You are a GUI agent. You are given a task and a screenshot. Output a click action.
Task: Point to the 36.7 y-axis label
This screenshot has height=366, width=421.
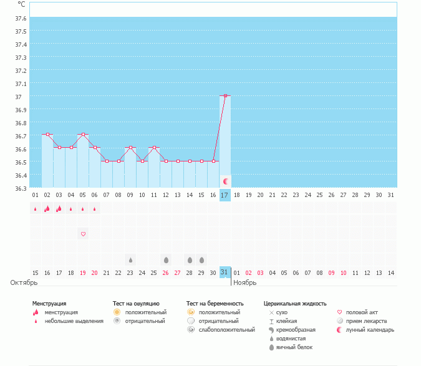(x=20, y=136)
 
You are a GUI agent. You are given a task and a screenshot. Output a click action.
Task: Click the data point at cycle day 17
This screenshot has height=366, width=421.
(x=225, y=96)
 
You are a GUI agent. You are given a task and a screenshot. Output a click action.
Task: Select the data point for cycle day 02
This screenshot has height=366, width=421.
(x=47, y=134)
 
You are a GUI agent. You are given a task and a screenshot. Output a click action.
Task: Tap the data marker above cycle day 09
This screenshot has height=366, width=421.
(x=130, y=148)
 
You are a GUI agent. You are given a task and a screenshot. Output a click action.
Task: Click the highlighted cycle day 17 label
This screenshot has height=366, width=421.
(x=225, y=195)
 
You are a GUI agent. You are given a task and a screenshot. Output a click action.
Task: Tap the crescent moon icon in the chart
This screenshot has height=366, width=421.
(x=226, y=181)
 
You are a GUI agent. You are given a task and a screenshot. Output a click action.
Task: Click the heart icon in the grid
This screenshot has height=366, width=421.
(x=83, y=234)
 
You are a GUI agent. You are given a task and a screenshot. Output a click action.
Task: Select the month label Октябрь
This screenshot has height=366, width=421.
(x=20, y=282)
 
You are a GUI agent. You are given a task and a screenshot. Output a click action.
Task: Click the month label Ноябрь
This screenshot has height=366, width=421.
(x=244, y=282)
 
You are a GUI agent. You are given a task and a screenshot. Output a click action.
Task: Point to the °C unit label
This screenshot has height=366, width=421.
(x=21, y=4)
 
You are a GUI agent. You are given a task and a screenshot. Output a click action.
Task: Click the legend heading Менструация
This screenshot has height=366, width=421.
(x=49, y=303)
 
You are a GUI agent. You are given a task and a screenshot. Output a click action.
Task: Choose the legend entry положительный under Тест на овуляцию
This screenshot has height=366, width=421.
(x=145, y=312)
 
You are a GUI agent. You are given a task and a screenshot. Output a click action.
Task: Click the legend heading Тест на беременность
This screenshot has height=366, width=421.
(x=215, y=303)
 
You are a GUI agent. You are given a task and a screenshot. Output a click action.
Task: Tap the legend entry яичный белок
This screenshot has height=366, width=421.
(x=299, y=347)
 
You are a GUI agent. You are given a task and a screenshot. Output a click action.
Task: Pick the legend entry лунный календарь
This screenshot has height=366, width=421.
(x=374, y=329)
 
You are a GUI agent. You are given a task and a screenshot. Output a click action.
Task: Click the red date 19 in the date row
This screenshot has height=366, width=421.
(x=83, y=272)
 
